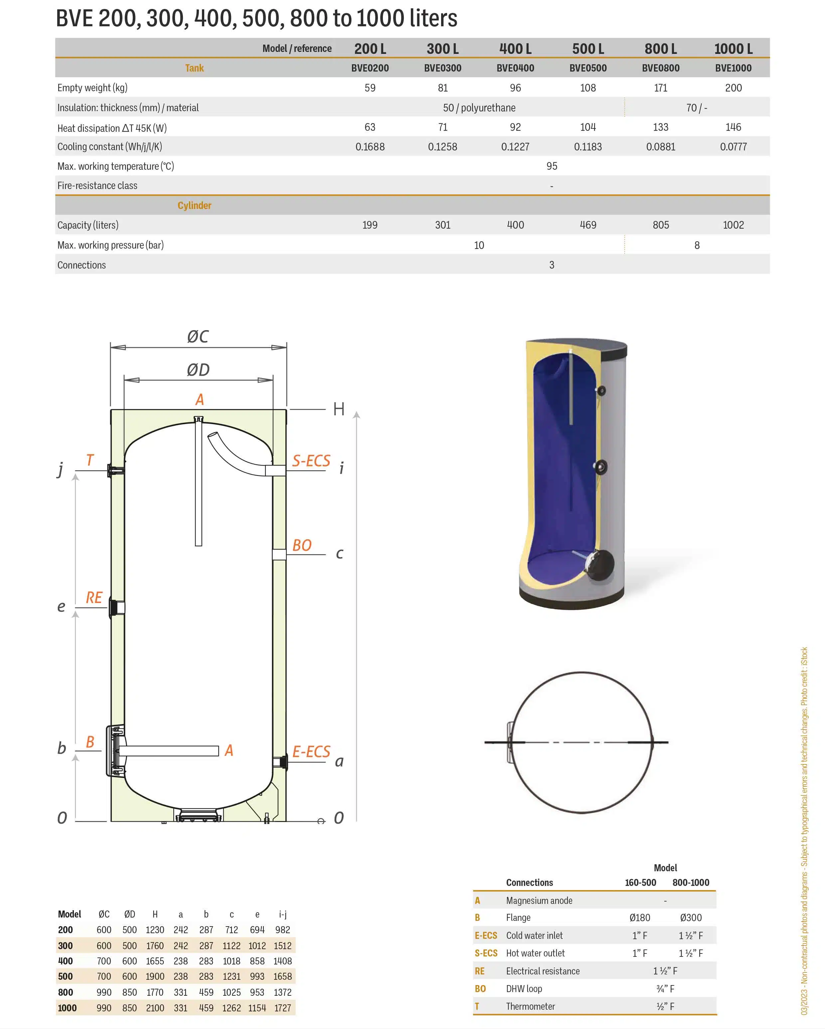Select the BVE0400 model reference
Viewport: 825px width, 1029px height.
click(x=515, y=68)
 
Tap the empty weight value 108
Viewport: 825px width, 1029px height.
click(x=588, y=88)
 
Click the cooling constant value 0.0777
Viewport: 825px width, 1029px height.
click(x=734, y=147)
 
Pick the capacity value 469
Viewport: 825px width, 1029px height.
click(x=588, y=225)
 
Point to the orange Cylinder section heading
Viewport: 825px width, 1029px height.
click(x=194, y=205)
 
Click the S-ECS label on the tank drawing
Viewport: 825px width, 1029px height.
click(x=311, y=461)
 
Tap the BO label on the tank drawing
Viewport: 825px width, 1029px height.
click(x=302, y=545)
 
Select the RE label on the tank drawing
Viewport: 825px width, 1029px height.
click(x=94, y=598)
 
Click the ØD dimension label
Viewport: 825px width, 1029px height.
click(x=198, y=369)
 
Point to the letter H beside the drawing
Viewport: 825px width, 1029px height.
click(x=339, y=409)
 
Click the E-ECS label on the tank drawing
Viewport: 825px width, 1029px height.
click(x=311, y=752)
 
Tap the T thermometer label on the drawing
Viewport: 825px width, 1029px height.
click(x=90, y=460)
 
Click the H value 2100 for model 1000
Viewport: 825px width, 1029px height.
click(x=155, y=1008)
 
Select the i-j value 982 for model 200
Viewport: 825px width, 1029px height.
click(x=282, y=930)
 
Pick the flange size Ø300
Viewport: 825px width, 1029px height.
click(x=691, y=917)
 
